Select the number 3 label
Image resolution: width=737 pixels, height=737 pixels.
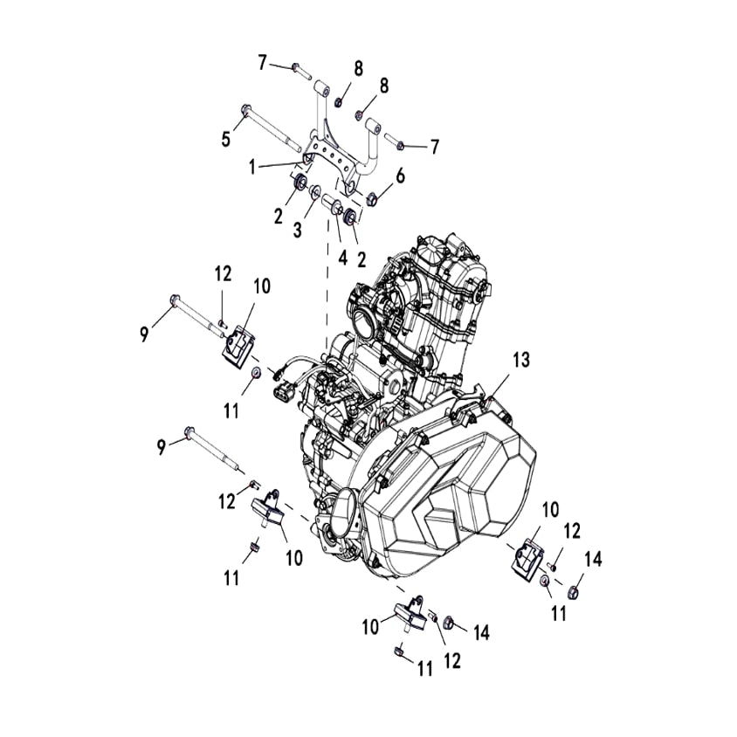[x=296, y=230]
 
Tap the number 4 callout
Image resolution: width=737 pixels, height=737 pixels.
[x=342, y=258]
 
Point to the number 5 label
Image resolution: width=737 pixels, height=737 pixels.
[x=226, y=138]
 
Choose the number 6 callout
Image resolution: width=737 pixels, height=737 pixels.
[x=400, y=176]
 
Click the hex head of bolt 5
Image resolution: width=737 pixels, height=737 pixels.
[x=245, y=110]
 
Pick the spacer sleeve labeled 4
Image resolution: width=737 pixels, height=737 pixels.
[x=333, y=206]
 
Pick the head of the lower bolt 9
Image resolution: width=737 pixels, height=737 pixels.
[x=189, y=430]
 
